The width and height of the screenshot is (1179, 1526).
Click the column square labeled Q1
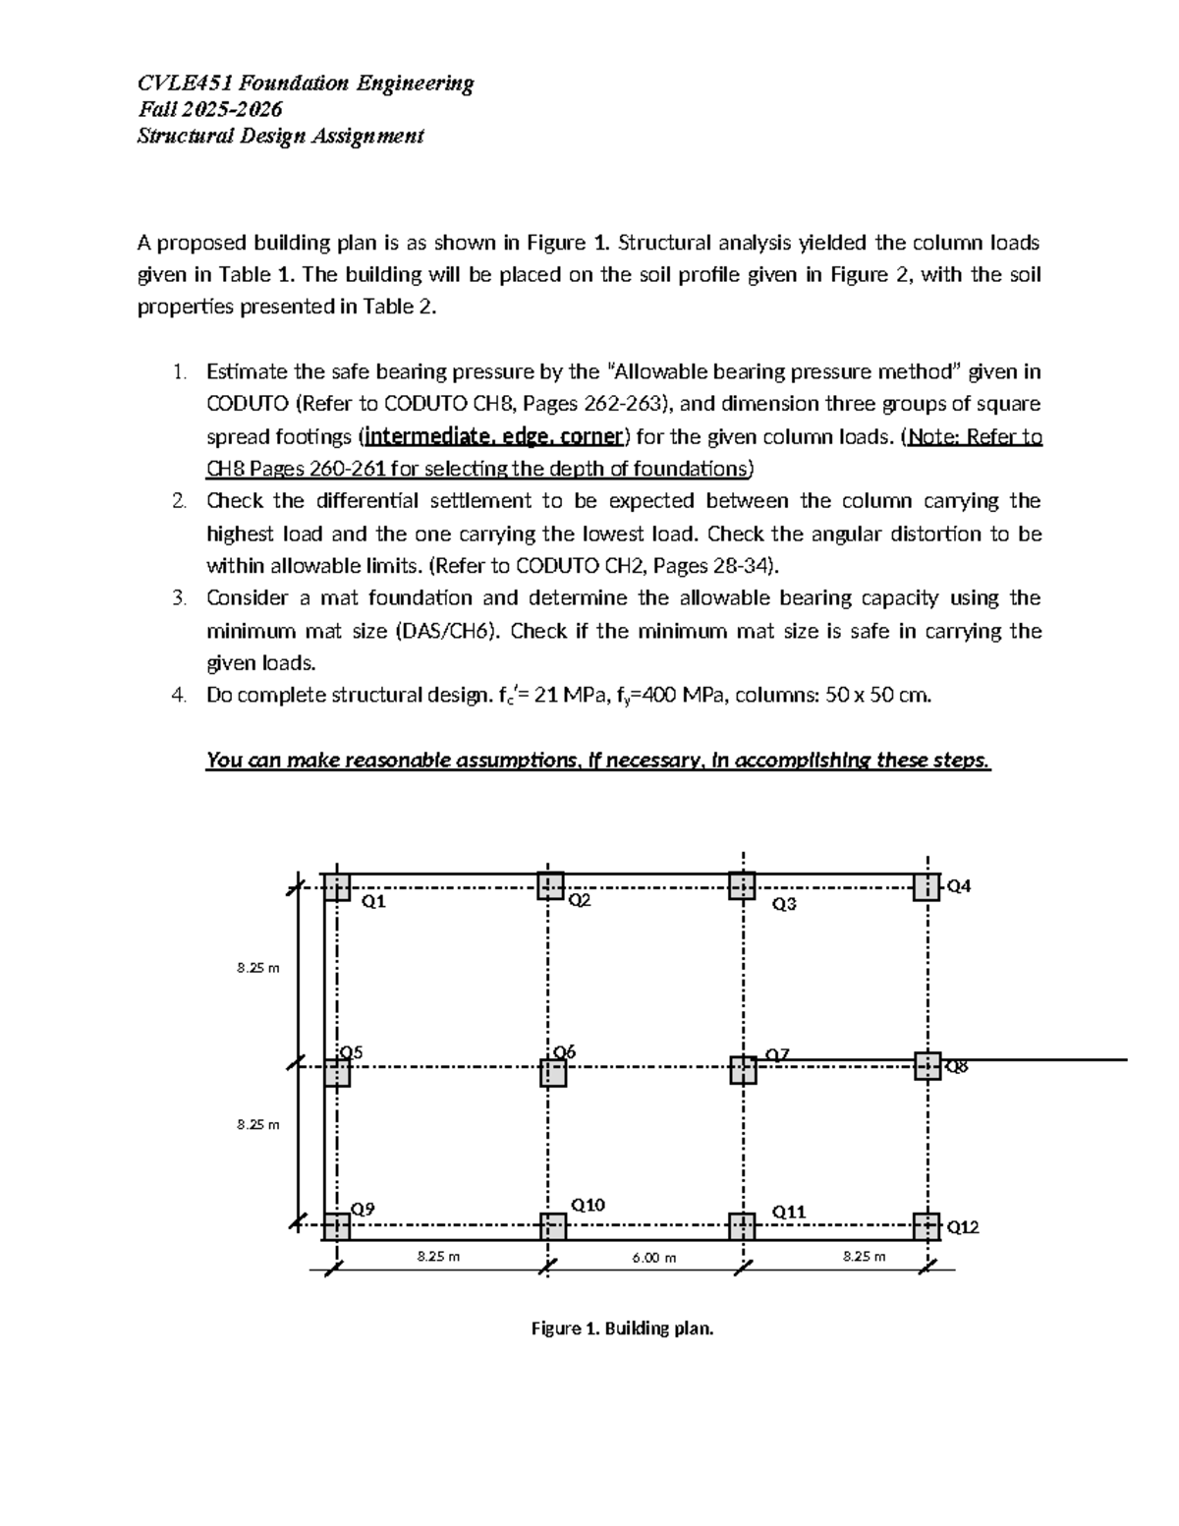[337, 887]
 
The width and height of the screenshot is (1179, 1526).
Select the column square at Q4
[926, 887]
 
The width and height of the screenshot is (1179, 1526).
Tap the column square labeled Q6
[553, 1073]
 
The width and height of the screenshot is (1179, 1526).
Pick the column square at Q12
[926, 1226]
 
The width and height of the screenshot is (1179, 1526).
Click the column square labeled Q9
[337, 1226]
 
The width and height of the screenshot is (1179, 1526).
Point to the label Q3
[784, 904]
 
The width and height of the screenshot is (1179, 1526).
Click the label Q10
[588, 1205]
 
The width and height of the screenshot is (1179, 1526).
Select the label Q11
[788, 1212]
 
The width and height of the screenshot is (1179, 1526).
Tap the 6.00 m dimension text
[654, 1257]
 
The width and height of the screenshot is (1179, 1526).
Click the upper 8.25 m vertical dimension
[258, 968]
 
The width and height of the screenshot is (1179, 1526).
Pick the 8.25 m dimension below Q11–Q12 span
[864, 1256]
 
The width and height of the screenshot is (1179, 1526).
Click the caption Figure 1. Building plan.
[622, 1328]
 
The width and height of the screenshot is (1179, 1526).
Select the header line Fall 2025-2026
[209, 109]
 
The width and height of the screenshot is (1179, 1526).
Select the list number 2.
[178, 501]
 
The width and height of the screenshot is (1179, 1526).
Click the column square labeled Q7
[743, 1070]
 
